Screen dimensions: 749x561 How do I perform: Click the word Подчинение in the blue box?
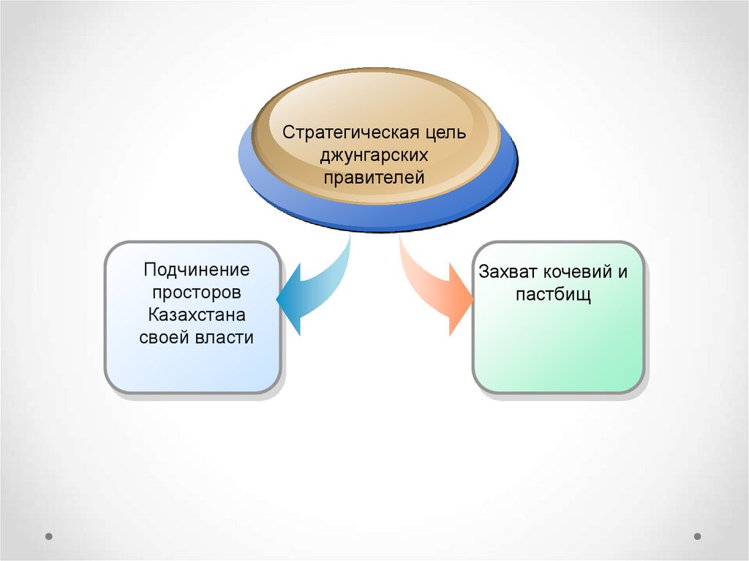(197, 270)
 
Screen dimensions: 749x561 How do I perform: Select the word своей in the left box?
(165, 338)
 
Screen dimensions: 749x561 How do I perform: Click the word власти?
(225, 338)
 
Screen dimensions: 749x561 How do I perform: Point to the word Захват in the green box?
(508, 272)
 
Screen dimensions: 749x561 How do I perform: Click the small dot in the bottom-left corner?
(49, 535)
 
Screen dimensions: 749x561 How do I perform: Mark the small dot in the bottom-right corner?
(697, 535)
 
